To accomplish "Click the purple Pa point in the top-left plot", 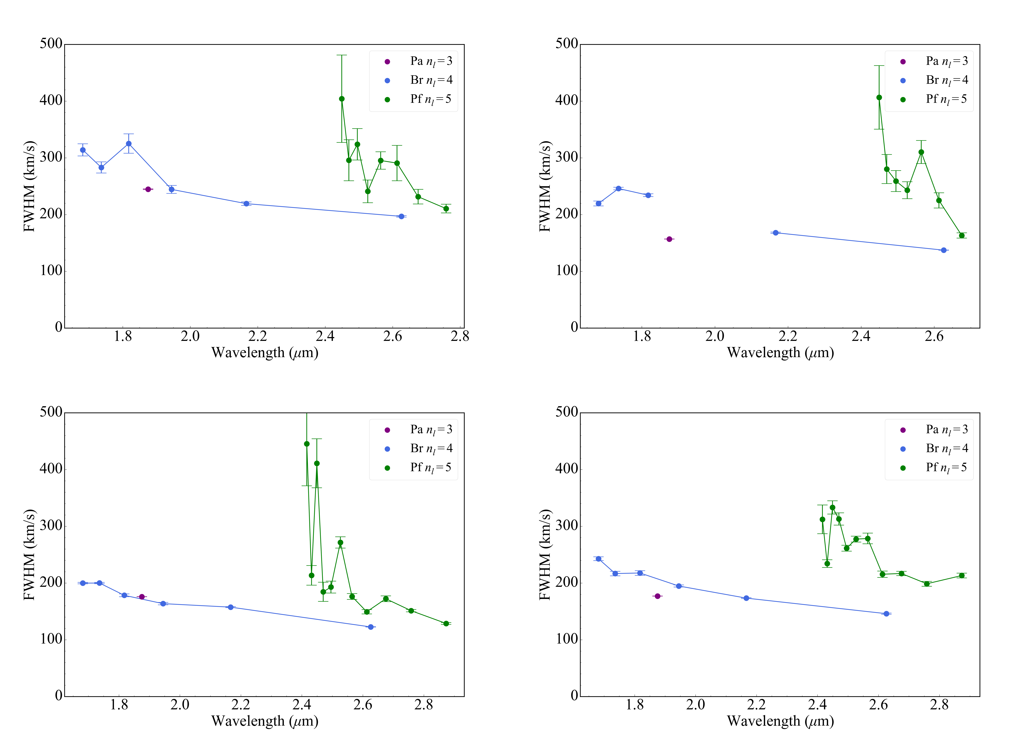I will pos(148,189).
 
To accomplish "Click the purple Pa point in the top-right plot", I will pos(669,239).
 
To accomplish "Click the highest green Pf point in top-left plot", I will pos(342,99).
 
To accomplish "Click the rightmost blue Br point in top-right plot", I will pos(944,250).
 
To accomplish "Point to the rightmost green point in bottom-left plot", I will pos(446,624).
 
